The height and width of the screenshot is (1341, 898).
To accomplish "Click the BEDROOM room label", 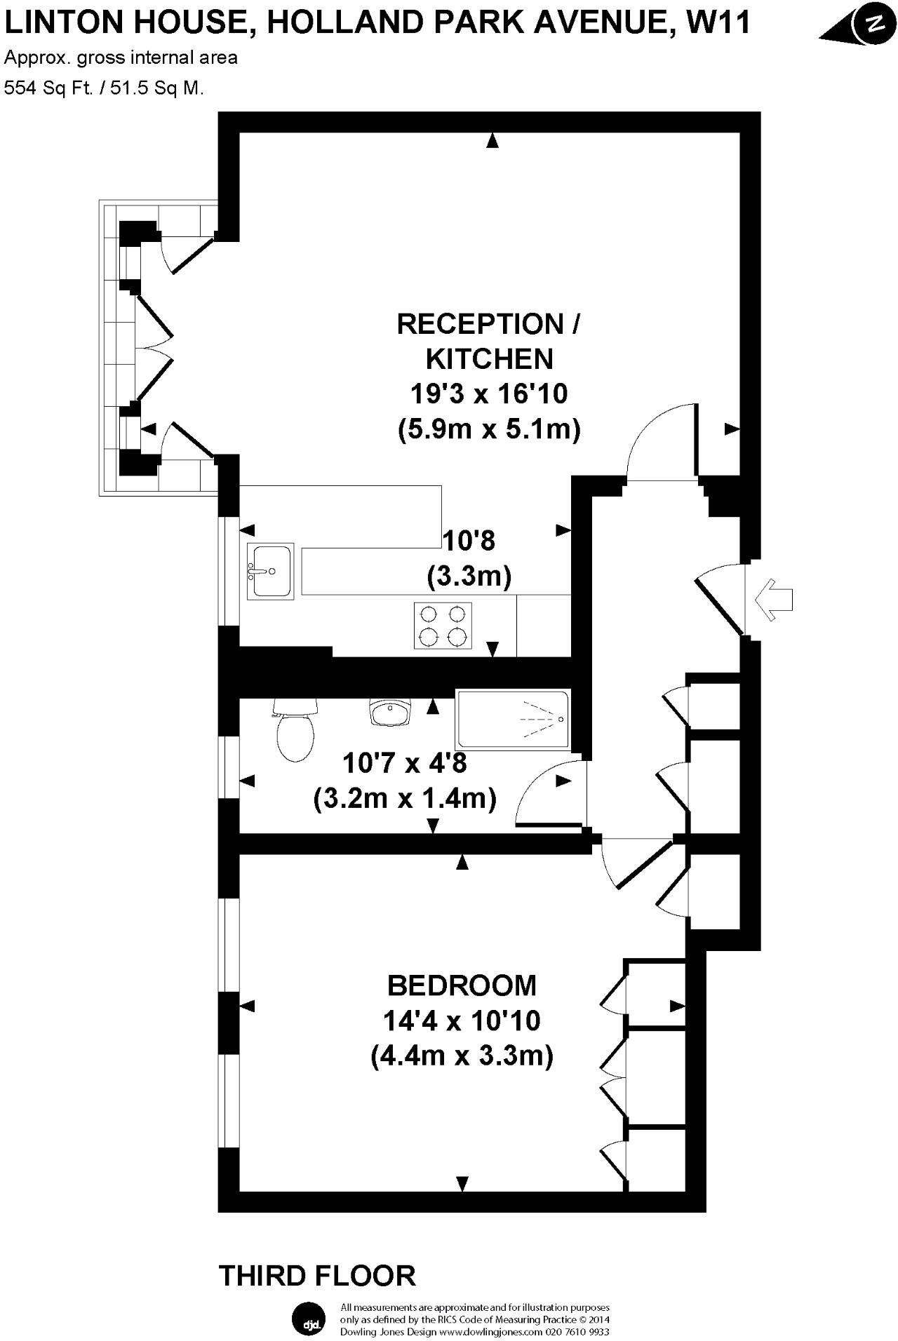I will tap(462, 985).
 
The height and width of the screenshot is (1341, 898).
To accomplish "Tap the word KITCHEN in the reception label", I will tap(490, 359).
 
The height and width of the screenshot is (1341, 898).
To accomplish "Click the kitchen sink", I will tap(270, 570).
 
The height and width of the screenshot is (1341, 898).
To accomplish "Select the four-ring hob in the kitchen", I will tap(442, 626).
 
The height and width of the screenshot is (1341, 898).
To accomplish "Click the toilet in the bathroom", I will tap(295, 734).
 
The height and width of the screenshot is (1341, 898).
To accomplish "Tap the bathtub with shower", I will tap(513, 720).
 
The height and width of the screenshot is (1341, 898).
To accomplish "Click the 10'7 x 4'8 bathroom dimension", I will tap(405, 762).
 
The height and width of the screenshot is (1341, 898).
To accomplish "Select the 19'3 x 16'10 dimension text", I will tap(489, 393).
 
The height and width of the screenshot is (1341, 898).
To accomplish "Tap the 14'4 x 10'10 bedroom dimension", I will tap(462, 1020).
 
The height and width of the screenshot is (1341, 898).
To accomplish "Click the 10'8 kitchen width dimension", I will tap(469, 541).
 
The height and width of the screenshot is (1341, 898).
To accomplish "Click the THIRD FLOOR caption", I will tap(317, 1274).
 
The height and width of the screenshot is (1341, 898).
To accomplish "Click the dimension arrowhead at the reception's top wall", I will tap(492, 141).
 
